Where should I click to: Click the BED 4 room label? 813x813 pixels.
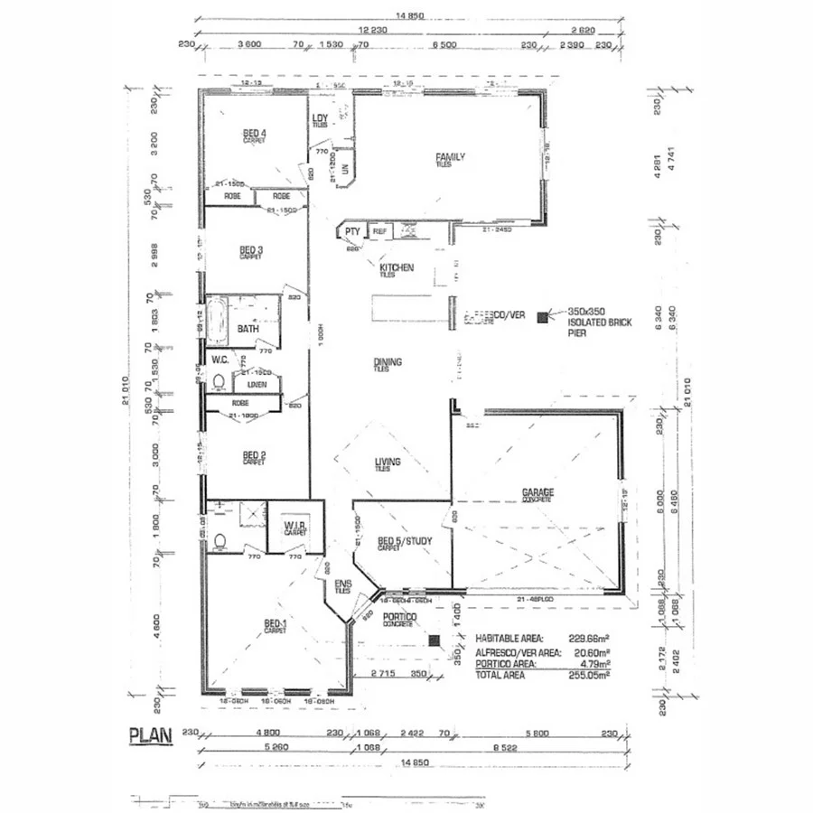pos(254,135)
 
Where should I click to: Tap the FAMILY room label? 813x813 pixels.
pos(450,157)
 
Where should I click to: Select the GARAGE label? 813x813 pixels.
pos(537,493)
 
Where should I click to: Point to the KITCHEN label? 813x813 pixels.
pos(397,267)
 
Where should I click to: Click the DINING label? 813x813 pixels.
pos(388,362)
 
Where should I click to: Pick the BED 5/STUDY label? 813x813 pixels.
pos(404,542)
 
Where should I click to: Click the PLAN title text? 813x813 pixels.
pos(150,734)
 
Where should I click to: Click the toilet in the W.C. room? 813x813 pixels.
pos(219,382)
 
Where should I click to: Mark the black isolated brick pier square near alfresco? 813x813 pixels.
pos(542,317)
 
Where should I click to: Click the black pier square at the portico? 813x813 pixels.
pos(435,640)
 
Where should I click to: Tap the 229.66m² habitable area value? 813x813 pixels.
pos(589,637)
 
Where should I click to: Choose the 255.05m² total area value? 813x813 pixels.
pos(589,674)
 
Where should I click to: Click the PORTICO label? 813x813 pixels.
pos(398,617)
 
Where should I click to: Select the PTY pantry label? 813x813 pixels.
pos(351,232)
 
